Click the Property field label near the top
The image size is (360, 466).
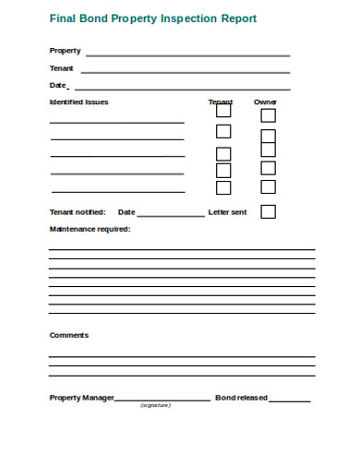pos(65,51)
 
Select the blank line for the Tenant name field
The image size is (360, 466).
pos(185,71)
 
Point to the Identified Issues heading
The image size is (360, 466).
pos(78,102)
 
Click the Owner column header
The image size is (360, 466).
pos(265,102)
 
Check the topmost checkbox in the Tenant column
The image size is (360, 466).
pos(223,109)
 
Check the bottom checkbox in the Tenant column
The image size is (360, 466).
pos(223,187)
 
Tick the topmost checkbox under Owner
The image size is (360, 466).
pos(268,115)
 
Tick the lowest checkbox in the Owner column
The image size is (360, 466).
pos(268,187)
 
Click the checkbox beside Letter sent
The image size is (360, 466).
pos(268,211)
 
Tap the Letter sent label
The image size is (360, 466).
pos(227,212)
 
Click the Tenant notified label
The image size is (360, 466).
pos(77,212)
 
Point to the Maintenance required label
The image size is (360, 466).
pos(90,229)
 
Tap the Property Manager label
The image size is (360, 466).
pos(81,398)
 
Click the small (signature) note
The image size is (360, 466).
pos(155,406)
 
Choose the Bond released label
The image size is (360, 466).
pos(241,398)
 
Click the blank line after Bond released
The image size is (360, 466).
pos(290,400)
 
